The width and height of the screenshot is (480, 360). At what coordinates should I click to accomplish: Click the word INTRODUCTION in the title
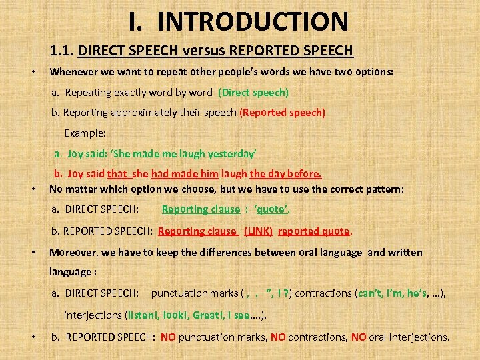[253, 21]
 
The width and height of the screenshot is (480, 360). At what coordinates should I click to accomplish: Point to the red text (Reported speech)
[282, 113]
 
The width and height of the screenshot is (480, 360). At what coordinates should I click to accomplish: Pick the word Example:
[85, 133]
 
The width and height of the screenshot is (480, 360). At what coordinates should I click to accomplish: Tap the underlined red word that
[117, 175]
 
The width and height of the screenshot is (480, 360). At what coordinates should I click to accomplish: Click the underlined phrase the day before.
[285, 175]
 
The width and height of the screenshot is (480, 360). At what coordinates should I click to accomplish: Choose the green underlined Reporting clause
[201, 209]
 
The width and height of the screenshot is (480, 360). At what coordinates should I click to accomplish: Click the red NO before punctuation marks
[168, 337]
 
